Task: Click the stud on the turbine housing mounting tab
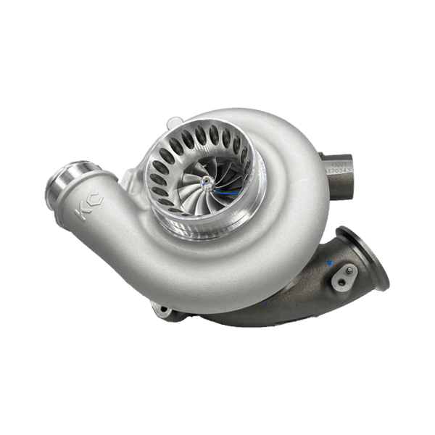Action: [349, 270]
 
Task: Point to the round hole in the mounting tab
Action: [341, 279]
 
